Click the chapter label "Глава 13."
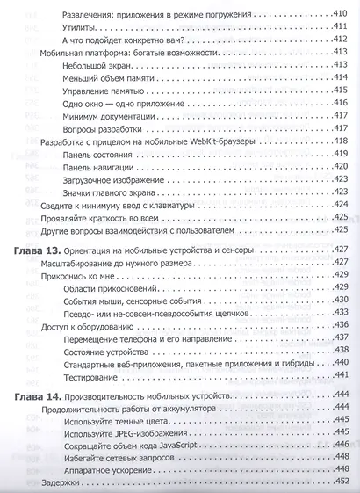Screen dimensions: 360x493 42,251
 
